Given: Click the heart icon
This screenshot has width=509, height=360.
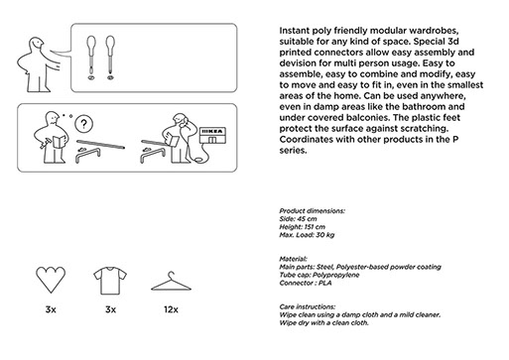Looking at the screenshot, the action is pyautogui.click(x=51, y=280).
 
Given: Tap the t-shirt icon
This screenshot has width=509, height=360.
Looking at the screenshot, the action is pyautogui.click(x=110, y=281).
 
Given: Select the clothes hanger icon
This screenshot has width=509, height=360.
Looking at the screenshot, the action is pyautogui.click(x=171, y=282).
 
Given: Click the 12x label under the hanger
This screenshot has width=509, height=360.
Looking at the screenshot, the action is pyautogui.click(x=171, y=309).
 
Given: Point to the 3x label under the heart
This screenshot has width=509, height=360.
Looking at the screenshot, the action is pyautogui.click(x=51, y=309).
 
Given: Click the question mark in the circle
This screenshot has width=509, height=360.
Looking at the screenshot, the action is pyautogui.click(x=84, y=124).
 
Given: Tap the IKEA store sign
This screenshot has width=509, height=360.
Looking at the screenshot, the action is pyautogui.click(x=212, y=135).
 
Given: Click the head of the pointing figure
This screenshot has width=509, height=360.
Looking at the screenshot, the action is pyautogui.click(x=36, y=44).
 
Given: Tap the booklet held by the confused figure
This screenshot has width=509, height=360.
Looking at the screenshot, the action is pyautogui.click(x=59, y=142).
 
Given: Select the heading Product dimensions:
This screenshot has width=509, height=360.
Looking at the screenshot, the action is pyautogui.click(x=312, y=211).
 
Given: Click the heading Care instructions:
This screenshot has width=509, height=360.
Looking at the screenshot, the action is pyautogui.click(x=308, y=306).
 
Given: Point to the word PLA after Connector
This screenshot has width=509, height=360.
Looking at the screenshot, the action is pyautogui.click(x=325, y=284).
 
